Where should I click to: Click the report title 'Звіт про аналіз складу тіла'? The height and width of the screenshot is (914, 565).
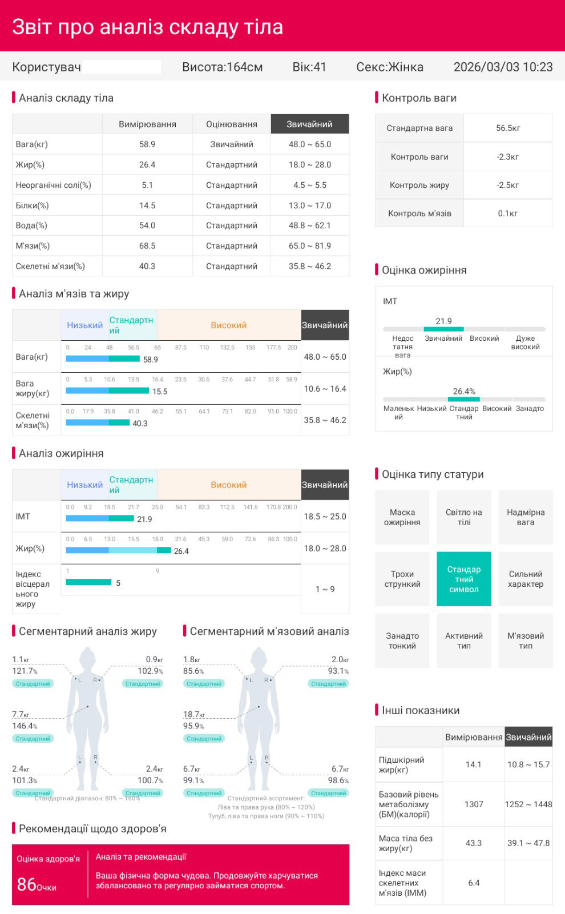[147, 27]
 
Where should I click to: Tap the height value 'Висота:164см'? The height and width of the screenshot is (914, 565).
[222, 67]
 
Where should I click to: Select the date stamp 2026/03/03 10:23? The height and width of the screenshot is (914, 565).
[503, 67]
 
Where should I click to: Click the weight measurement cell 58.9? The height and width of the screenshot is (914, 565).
[147, 144]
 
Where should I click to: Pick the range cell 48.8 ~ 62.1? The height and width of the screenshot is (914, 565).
[309, 226]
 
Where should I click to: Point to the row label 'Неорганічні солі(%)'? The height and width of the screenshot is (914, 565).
[54, 185]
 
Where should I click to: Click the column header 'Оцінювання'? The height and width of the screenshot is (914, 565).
[231, 124]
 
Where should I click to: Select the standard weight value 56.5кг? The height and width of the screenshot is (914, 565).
[508, 128]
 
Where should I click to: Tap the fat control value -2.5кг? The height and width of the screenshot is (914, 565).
[508, 185]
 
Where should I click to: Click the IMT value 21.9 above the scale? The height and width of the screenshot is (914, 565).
[443, 321]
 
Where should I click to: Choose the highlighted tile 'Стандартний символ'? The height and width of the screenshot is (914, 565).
[464, 579]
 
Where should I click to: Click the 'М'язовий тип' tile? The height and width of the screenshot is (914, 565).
[525, 641]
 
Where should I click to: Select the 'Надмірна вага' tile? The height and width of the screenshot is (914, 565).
[525, 517]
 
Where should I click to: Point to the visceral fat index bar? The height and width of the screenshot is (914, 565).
[88, 582]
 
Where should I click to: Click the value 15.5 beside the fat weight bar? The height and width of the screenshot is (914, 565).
[160, 392]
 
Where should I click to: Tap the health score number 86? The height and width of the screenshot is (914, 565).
[27, 884]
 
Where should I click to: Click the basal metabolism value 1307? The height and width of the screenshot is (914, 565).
[474, 804]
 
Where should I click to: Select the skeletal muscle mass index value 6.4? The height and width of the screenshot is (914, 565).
[474, 883]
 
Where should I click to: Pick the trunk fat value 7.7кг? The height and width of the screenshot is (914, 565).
[21, 715]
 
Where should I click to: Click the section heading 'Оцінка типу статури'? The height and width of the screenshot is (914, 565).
[432, 474]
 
